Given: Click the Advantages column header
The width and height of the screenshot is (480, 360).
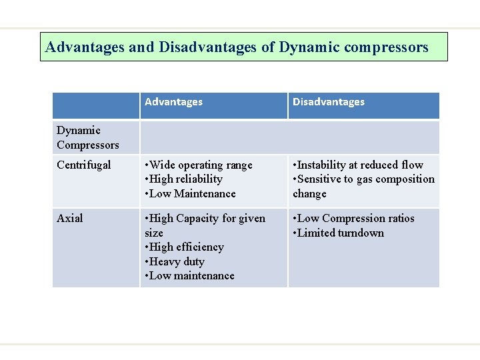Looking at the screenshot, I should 173,102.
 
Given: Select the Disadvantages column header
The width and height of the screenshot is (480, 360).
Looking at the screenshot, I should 329,102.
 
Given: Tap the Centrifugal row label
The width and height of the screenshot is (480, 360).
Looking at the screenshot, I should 84,165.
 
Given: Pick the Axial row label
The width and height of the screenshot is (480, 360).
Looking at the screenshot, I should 69,219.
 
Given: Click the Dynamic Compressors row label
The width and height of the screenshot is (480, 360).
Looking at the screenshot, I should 88,137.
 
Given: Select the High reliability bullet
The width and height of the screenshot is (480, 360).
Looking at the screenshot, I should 185,179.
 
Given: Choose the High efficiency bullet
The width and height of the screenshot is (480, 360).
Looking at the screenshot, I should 186,247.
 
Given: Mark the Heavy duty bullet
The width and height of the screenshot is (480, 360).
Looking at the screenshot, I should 176,262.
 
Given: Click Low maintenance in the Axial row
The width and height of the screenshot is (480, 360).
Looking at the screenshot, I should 191,276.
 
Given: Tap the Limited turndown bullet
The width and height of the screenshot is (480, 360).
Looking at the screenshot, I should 340,233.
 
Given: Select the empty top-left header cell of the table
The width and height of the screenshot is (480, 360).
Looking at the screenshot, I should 96,105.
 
